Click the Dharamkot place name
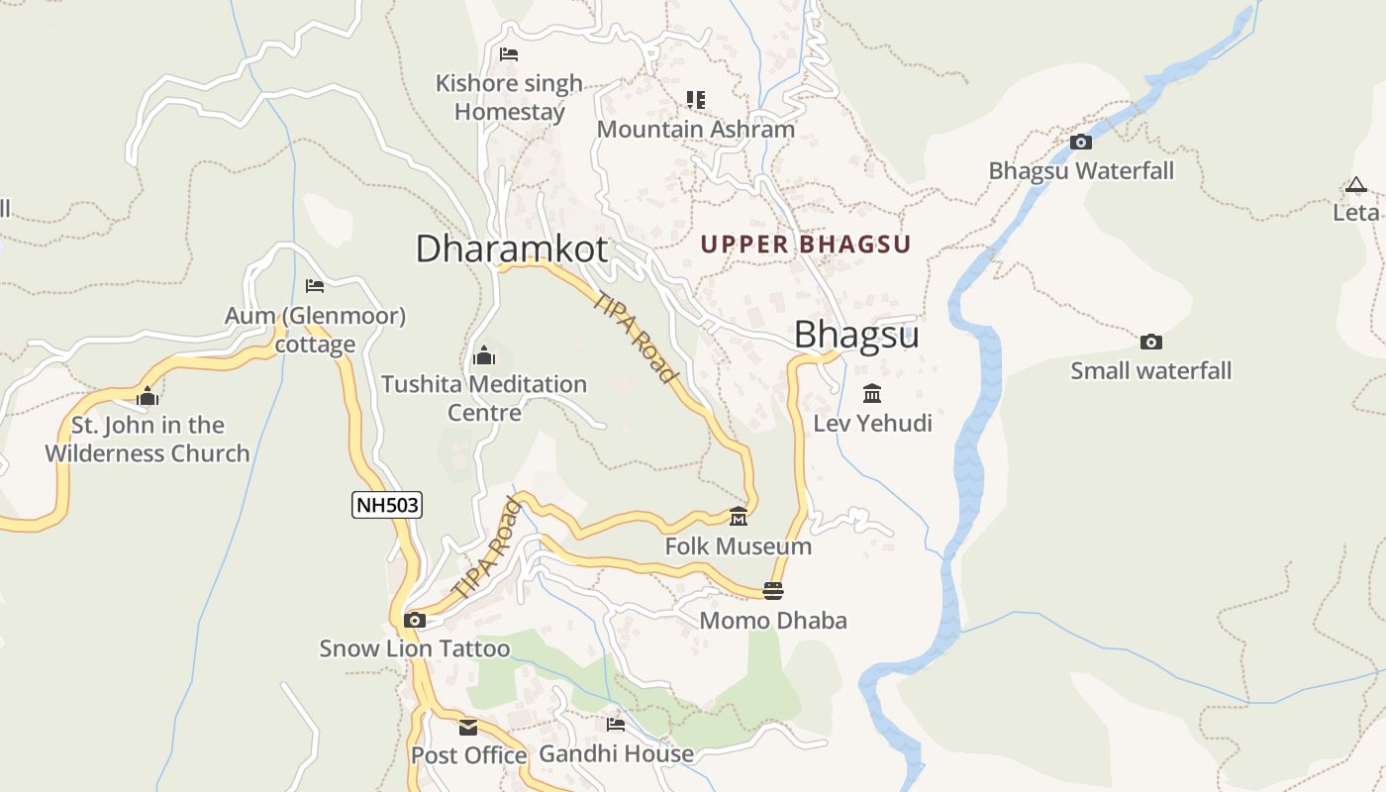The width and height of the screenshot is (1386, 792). [511, 248]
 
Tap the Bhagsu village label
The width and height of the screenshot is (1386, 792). [856, 335]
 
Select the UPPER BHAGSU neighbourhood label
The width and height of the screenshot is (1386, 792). [806, 244]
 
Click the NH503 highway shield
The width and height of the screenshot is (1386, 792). [387, 505]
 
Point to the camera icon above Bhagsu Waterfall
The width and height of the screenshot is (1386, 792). [1081, 142]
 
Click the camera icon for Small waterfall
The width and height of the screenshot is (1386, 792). [1150, 342]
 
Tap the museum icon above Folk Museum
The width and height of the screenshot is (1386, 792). [739, 517]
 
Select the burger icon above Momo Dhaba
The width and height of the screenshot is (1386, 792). [773, 591]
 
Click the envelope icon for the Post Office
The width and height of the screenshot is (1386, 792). [468, 728]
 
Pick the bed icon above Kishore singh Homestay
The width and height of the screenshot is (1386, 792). [509, 54]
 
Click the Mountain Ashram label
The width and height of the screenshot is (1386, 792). [695, 130]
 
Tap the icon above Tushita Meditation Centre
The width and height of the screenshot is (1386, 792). [484, 355]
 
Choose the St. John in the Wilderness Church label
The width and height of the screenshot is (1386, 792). [148, 440]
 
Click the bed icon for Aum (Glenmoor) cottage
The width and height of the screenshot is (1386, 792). [315, 286]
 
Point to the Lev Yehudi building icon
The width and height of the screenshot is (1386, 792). [872, 394]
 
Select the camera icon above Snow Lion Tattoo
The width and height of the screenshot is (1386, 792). [415, 621]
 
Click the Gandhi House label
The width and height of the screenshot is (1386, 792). [616, 754]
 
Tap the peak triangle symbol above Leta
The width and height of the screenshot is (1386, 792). [1356, 184]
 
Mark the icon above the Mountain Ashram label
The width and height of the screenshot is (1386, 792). [696, 99]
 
